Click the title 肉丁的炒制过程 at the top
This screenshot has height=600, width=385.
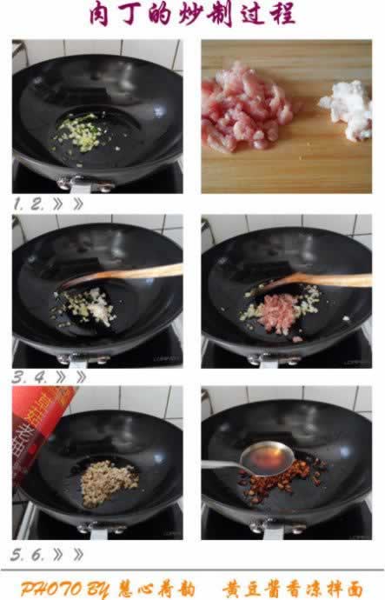[x=192, y=16]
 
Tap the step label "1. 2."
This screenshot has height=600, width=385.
[x=26, y=204]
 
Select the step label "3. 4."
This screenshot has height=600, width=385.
[x=27, y=377]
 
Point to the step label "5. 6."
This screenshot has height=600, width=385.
[x=27, y=554]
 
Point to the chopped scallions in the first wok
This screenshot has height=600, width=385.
[x=79, y=135]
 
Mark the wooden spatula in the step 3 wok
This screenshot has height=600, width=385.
[x=130, y=273]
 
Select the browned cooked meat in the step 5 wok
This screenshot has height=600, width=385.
[x=109, y=477]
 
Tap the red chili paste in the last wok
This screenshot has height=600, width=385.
[x=282, y=474]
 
